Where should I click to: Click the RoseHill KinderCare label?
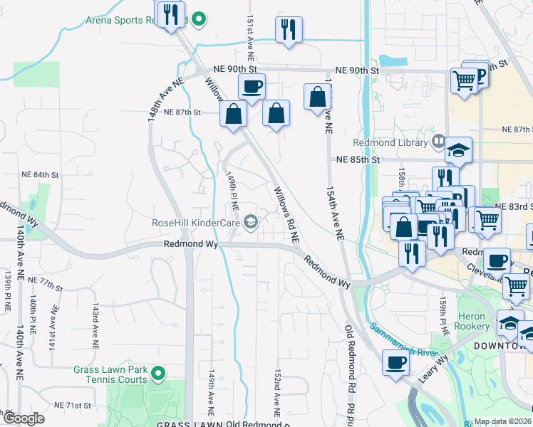click(195, 223)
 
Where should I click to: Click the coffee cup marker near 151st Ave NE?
click(252, 88)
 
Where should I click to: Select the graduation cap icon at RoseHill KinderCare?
click(250, 223)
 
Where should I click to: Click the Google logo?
click(24, 419)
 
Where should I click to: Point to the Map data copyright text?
click(503, 421)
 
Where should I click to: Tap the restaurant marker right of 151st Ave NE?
click(288, 29)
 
